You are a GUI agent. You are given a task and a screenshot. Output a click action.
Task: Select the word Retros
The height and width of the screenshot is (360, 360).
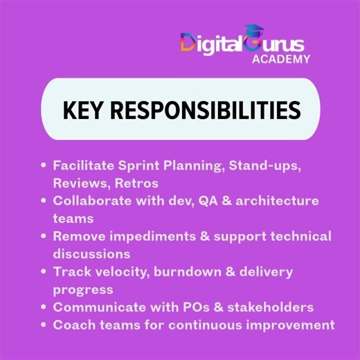137,183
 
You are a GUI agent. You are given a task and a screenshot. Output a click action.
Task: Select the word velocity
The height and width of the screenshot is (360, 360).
116,271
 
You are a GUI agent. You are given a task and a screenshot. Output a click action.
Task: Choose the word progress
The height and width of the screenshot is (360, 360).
83,289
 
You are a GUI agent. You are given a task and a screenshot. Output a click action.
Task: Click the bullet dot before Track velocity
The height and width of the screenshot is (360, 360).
44,271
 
